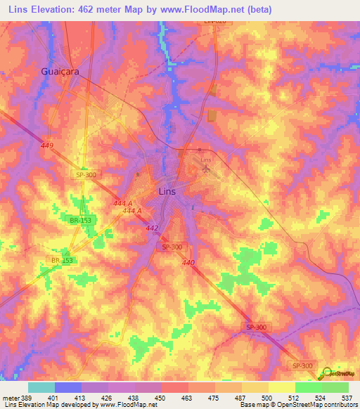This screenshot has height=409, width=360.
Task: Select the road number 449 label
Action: coord(47,145)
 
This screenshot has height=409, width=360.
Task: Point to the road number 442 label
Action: coord(153,228)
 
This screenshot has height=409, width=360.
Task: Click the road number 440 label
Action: coord(188,262)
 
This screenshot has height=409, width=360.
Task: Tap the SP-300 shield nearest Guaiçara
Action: coord(88,174)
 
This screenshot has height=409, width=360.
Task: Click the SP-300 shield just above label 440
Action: coord(172,247)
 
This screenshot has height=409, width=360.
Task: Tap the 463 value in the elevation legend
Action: coord(188,398)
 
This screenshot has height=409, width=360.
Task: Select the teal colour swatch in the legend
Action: coord(41,387)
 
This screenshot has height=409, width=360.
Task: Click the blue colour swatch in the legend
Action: coord(68,387)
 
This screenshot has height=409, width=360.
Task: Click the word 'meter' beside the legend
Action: coord(11,398)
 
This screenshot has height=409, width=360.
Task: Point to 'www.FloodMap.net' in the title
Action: coord(210,10)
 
